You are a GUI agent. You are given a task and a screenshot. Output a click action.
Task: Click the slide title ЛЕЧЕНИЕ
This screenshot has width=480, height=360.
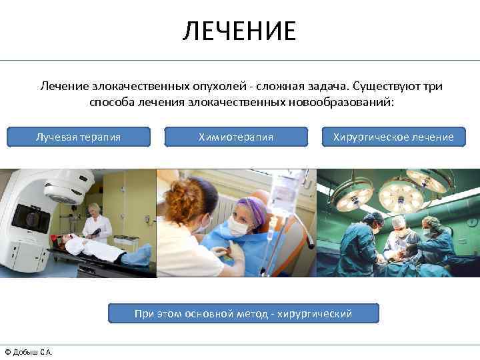point(239,31)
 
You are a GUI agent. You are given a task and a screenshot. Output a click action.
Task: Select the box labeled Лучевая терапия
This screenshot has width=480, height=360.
point(78,137)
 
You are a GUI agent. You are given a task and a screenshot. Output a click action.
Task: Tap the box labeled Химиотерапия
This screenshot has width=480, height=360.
point(235,137)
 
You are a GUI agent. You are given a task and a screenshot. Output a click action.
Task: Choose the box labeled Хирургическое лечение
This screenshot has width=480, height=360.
point(398,137)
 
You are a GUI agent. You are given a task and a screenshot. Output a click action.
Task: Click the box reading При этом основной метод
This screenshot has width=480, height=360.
point(243,313)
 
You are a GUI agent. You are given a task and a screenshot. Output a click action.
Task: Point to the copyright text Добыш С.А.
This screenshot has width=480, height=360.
point(29,352)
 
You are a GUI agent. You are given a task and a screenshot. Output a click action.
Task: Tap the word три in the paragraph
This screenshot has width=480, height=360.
point(433,87)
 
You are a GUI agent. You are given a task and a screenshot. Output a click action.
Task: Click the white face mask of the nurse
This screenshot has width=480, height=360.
point(239,226)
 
